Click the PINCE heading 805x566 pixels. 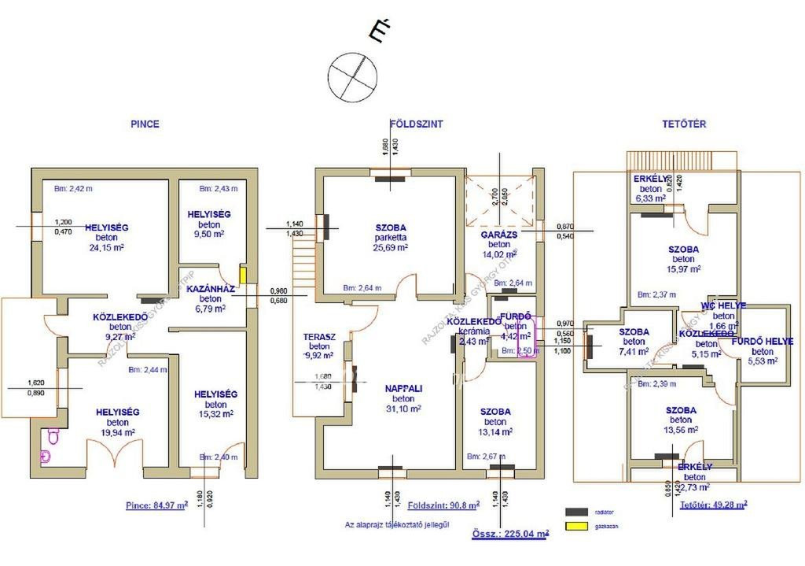(145, 124)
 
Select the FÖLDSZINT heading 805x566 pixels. (417, 124)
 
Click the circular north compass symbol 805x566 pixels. (351, 77)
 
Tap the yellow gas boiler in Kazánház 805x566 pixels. (243, 276)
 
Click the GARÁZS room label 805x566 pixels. (499, 235)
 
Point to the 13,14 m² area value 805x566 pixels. (495, 431)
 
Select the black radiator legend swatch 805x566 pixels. (577, 511)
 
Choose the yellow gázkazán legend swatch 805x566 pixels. (577, 525)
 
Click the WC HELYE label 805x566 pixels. (723, 305)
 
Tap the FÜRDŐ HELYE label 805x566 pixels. (762, 342)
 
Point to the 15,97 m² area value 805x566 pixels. (683, 269)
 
